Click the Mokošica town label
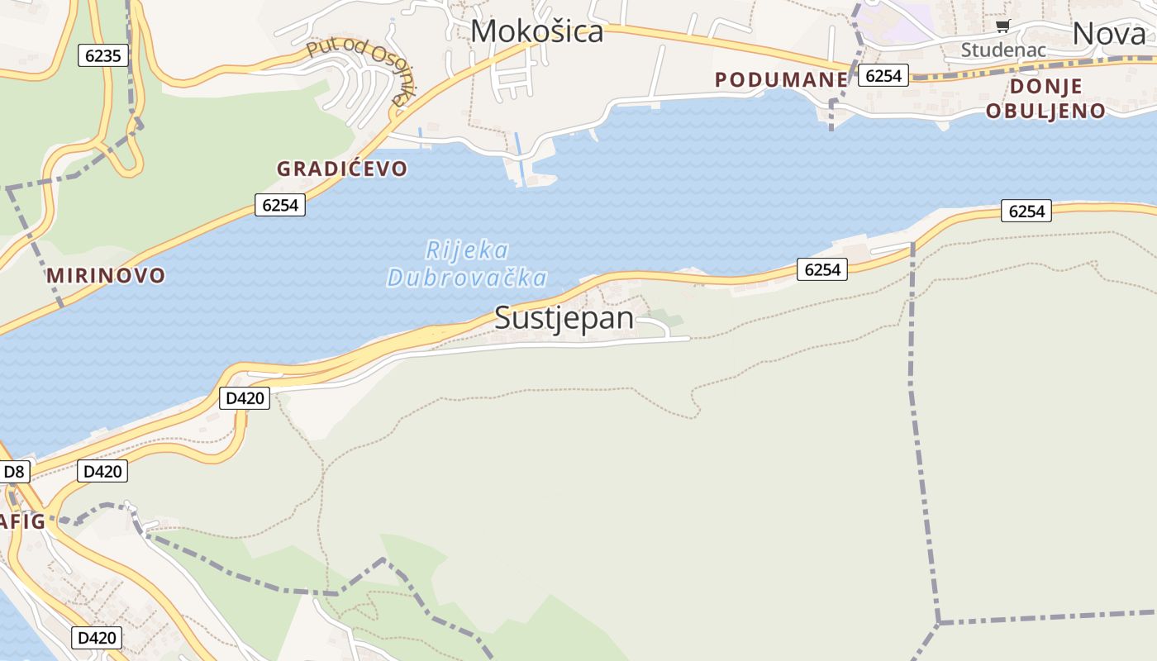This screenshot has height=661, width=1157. pyautogui.click(x=536, y=31)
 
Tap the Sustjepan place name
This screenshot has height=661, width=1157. pyautogui.click(x=564, y=318)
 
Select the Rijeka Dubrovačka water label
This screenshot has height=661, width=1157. pyautogui.click(x=467, y=264)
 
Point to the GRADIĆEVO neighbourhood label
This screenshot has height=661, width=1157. pyautogui.click(x=341, y=169)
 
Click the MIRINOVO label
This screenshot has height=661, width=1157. pyautogui.click(x=106, y=275)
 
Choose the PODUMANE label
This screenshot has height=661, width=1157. pyautogui.click(x=781, y=79)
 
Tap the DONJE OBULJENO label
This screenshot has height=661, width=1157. pyautogui.click(x=1045, y=99)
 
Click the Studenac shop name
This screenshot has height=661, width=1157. pyautogui.click(x=1002, y=50)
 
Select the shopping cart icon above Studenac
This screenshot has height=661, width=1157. pyautogui.click(x=1002, y=26)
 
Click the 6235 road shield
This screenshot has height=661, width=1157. pyautogui.click(x=103, y=56)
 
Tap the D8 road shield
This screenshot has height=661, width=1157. pyautogui.click(x=15, y=472)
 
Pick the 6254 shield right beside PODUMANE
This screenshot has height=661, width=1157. pyautogui.click(x=883, y=75)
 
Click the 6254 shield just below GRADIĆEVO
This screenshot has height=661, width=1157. pyautogui.click(x=280, y=205)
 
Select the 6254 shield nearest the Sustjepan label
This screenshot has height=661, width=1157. pyautogui.click(x=821, y=269)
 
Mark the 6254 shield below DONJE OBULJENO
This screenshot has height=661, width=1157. pyautogui.click(x=1026, y=212)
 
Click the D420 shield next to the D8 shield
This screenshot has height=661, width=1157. pyautogui.click(x=102, y=472)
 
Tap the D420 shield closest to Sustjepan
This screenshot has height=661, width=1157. pyautogui.click(x=245, y=398)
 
